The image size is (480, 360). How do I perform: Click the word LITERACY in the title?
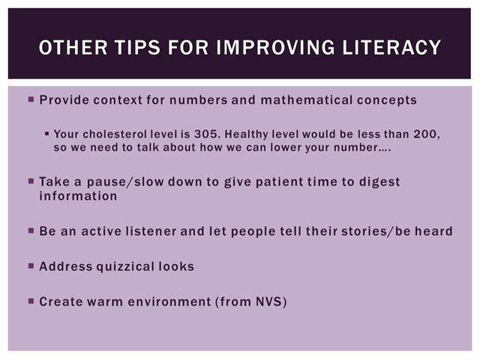click(x=391, y=47)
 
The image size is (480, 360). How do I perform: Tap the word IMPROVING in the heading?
click(x=275, y=47)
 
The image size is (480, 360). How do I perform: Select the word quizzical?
click(x=125, y=267)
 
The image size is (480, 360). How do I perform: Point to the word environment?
click(x=169, y=301)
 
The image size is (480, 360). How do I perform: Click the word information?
click(x=78, y=196)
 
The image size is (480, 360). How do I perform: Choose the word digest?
click(x=379, y=182)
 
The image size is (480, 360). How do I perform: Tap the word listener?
click(x=151, y=231)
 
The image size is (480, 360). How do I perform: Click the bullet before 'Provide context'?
click(x=31, y=99)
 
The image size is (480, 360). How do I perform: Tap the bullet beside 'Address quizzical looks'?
click(x=31, y=265)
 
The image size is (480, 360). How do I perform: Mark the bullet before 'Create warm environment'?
click(x=31, y=301)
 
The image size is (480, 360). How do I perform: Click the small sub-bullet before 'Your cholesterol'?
click(x=46, y=133)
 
